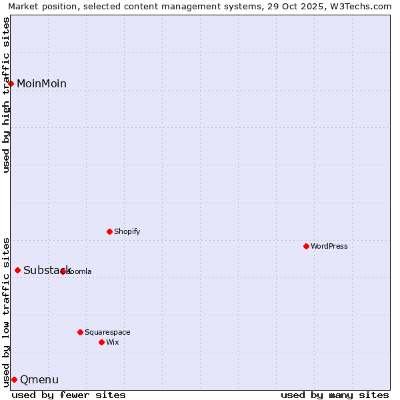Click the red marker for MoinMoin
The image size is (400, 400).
coord(11,83)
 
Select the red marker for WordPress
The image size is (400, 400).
coord(306,246)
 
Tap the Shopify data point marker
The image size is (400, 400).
coord(109,231)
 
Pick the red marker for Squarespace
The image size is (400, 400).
coord(80,332)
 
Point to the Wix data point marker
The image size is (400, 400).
coord(101,342)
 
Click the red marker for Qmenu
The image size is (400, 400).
coord(14,379)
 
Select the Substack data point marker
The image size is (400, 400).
coord(18,270)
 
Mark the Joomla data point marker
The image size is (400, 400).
coord(63,271)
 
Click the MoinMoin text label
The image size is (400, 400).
coord(41,83)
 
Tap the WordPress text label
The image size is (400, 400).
coord(329,246)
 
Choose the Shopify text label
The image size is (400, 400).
coord(127,231)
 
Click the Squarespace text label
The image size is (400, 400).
coord(107,332)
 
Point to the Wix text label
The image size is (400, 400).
coord(113,342)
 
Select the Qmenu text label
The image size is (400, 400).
coord(39,380)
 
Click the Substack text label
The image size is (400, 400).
coord(47,270)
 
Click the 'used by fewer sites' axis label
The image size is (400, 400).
coord(69,395)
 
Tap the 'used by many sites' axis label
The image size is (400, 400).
coord(335,395)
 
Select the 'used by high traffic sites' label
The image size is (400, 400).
coord(6,95)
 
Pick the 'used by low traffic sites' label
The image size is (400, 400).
coord(6,311)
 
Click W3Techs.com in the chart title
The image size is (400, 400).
coord(361,6)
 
